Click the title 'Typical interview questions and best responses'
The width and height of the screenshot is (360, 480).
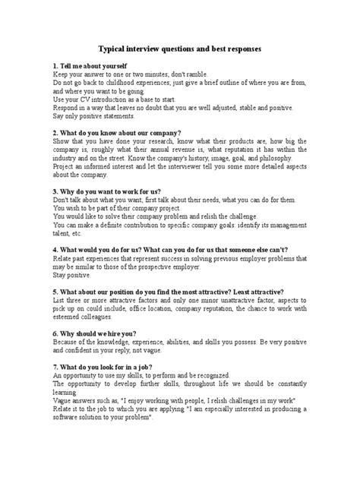pos(180,48)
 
